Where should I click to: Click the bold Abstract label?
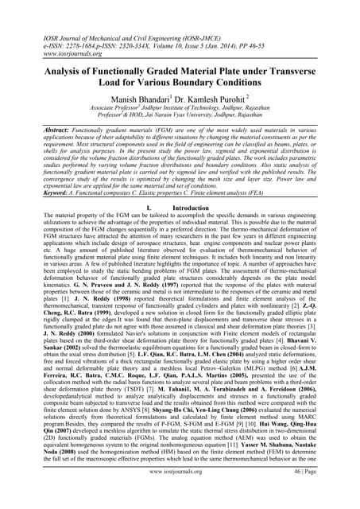click(41, 127)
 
